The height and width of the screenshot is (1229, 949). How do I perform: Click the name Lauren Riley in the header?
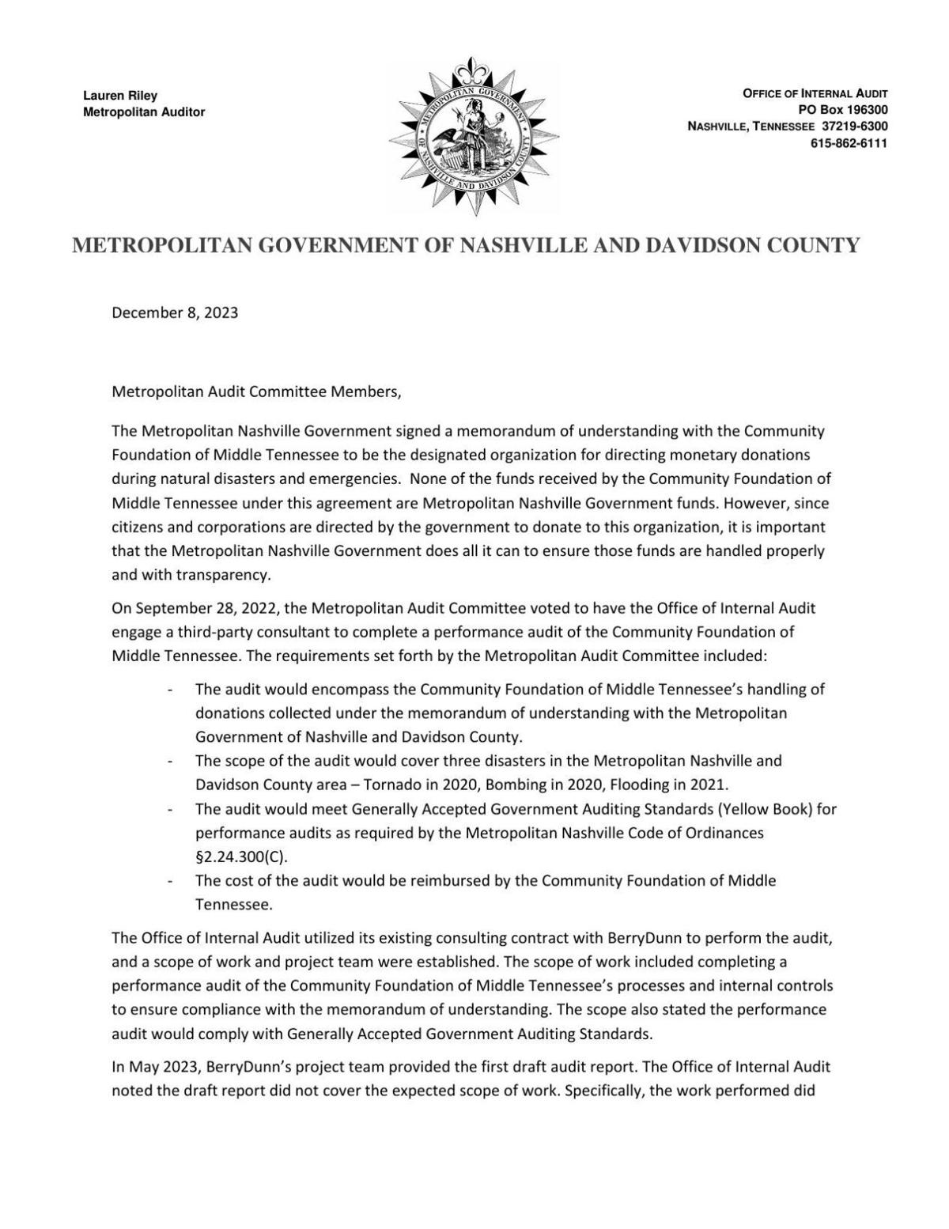click(120, 96)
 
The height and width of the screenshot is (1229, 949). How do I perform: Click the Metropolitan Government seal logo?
click(474, 135)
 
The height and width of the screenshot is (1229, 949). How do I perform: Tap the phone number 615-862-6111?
click(849, 143)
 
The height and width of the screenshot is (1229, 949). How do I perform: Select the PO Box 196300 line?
click(843, 110)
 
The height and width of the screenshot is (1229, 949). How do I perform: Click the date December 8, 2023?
click(175, 312)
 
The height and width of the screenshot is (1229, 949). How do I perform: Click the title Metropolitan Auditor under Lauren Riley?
click(144, 112)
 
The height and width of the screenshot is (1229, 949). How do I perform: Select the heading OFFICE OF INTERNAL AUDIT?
click(815, 93)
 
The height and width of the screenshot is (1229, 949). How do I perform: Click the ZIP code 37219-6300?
click(853, 127)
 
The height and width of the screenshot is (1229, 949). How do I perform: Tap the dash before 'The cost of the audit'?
click(171, 881)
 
